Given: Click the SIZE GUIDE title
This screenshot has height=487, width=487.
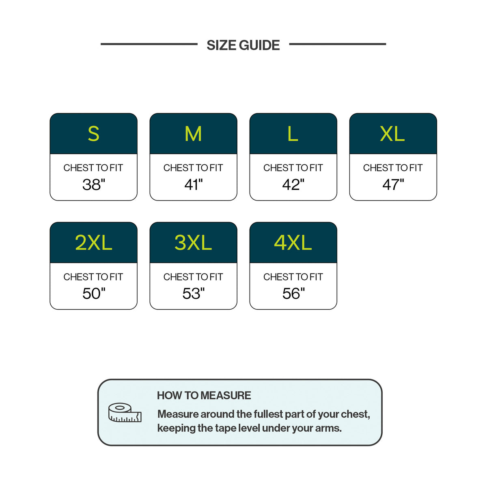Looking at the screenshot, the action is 243,45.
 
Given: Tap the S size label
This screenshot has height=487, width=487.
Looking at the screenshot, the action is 93,134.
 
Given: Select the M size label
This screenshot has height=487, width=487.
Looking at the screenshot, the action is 193,134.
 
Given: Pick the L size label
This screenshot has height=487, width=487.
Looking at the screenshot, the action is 293,134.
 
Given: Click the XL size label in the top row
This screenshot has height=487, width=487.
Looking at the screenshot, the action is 392,134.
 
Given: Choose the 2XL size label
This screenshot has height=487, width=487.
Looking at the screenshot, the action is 93,243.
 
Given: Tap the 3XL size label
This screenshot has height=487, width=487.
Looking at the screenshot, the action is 193,243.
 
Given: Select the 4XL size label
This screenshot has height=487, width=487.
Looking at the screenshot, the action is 293,243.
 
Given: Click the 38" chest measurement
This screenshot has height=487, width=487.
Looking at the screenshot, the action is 94,184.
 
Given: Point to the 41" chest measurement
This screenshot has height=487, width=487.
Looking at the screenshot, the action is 194,184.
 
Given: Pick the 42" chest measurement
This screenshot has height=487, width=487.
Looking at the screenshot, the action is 293,184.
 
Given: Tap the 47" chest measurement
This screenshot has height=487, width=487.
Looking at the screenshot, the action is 393,184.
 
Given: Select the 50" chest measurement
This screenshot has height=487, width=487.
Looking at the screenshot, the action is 94,293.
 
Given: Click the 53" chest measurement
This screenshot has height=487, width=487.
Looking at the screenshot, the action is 194,293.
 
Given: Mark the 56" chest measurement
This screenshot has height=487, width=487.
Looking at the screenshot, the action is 293,293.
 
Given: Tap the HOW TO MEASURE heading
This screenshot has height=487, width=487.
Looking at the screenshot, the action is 204,396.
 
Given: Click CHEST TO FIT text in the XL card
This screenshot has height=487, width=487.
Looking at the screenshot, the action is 393,168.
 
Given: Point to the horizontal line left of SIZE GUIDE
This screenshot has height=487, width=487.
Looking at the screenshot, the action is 149,44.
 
